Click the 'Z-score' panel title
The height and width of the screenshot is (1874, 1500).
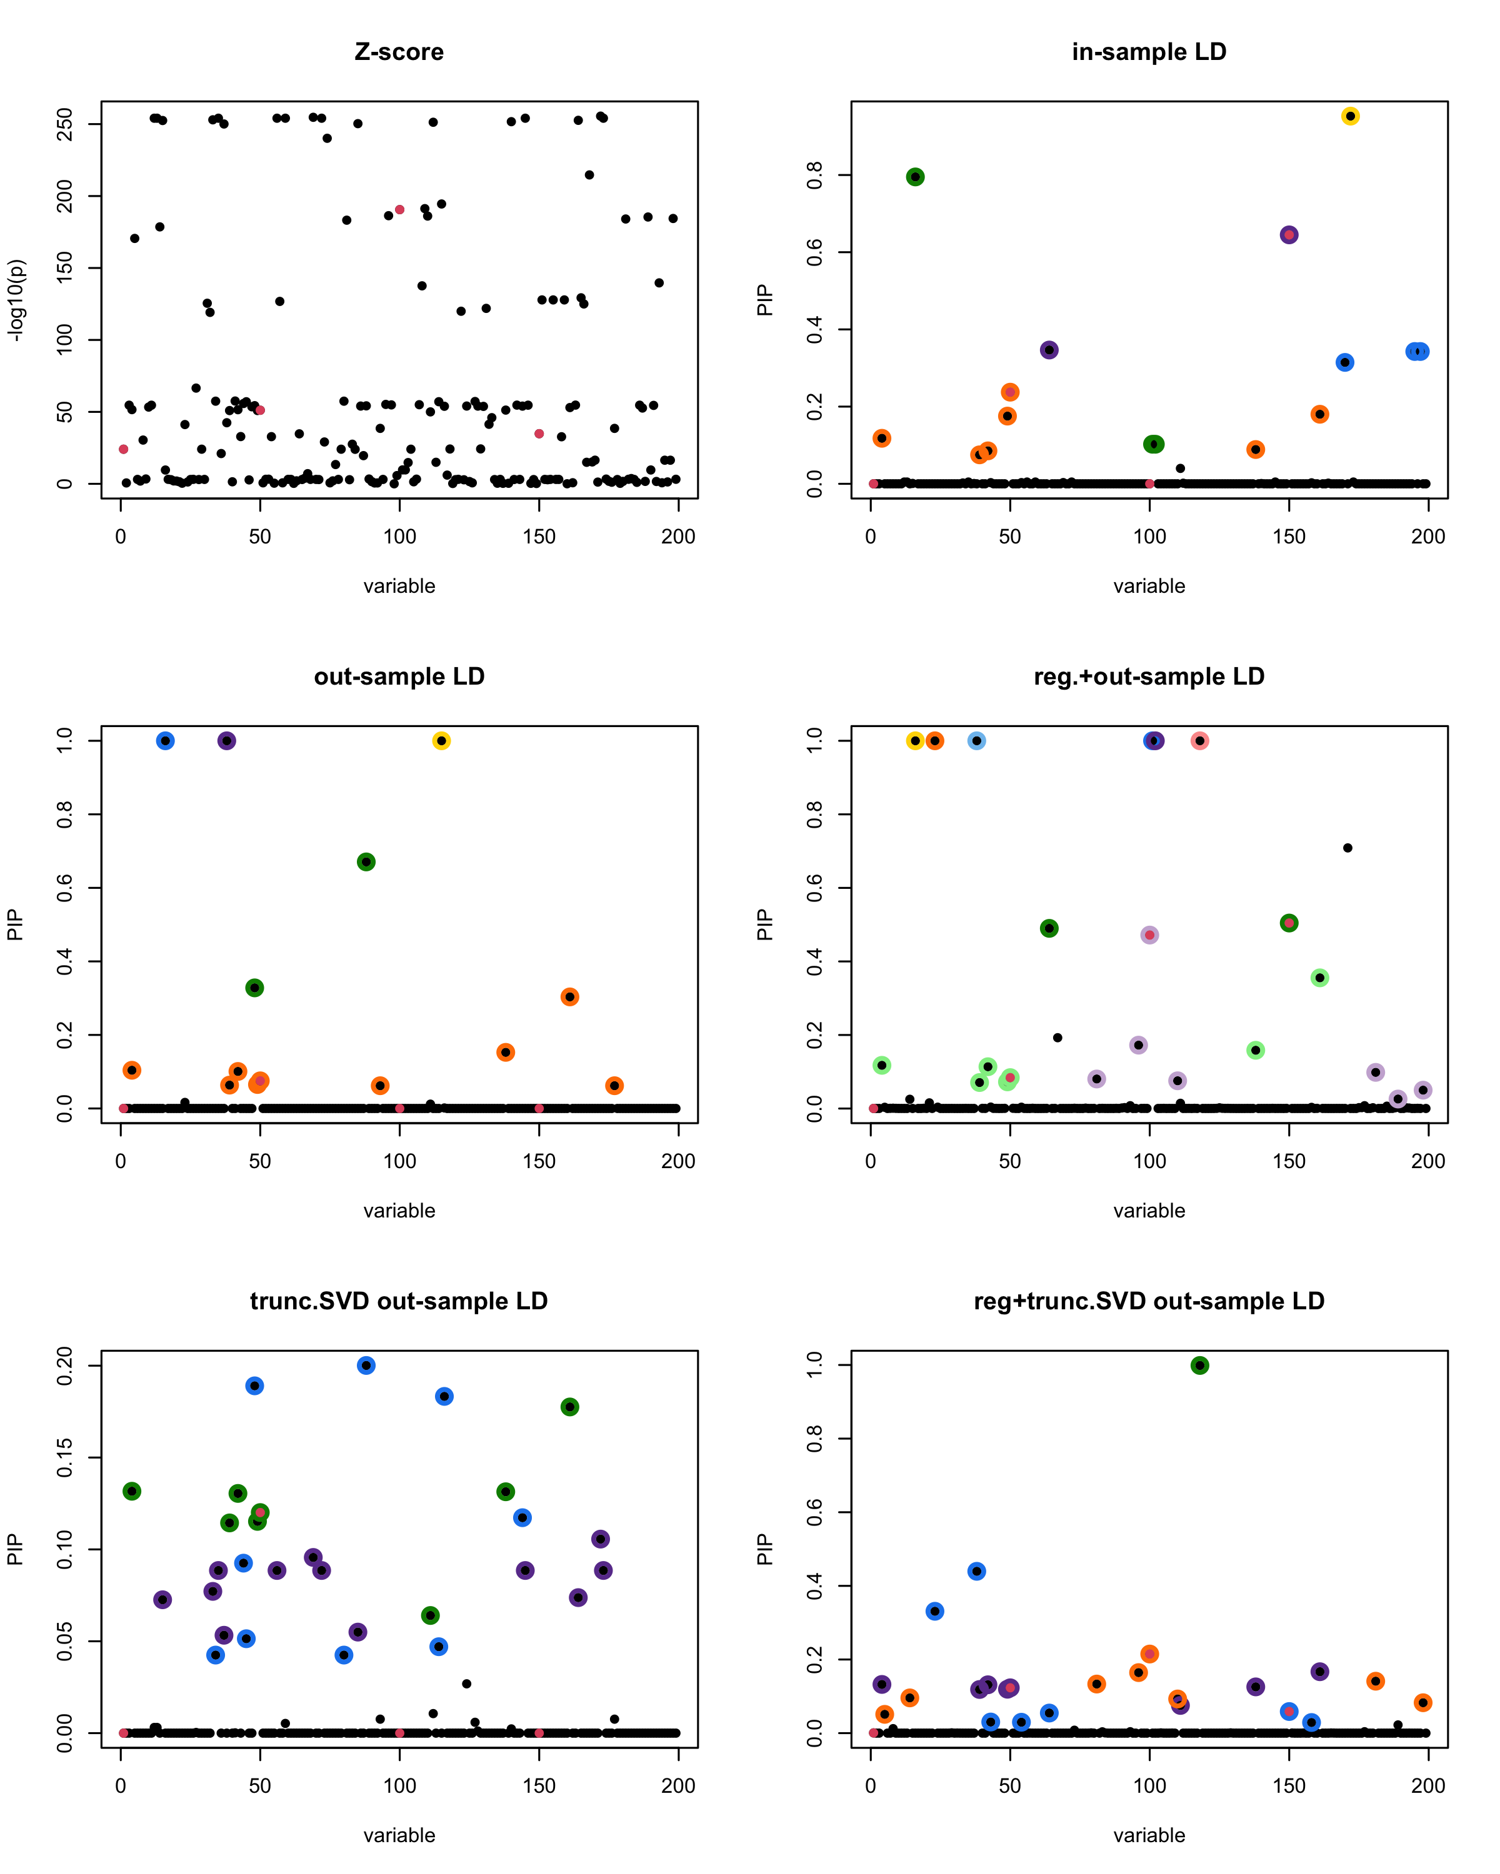click(399, 52)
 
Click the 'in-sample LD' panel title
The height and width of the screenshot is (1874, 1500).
click(1149, 52)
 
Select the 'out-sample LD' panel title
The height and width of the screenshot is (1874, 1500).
click(399, 677)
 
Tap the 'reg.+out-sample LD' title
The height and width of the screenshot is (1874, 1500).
click(1149, 677)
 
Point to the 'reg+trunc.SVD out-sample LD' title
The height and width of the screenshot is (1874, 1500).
click(1149, 1301)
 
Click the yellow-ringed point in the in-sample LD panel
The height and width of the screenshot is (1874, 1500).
click(1349, 116)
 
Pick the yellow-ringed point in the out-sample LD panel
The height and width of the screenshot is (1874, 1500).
click(442, 741)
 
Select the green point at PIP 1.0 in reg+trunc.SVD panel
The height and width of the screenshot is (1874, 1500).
click(1199, 1366)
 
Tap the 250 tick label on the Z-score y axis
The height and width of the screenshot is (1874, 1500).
click(64, 124)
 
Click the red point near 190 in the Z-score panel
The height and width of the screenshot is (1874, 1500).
click(400, 209)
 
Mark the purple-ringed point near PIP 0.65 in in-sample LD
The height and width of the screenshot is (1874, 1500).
click(1289, 235)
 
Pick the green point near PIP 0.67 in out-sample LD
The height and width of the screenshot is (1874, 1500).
click(366, 862)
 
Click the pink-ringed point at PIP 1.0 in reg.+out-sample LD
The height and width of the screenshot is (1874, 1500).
click(1199, 741)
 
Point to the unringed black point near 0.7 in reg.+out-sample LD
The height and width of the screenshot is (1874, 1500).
click(1347, 848)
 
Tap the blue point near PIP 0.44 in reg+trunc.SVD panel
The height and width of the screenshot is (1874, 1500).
click(976, 1572)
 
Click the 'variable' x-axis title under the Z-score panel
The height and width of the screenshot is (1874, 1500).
click(399, 586)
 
